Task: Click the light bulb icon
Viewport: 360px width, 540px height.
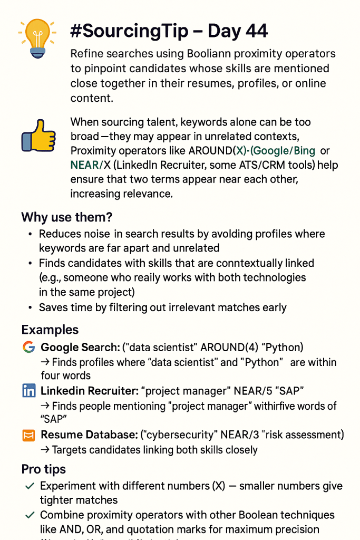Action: click(36, 38)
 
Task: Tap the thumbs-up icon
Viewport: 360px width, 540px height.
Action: click(38, 136)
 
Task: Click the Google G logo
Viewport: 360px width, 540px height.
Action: click(28, 347)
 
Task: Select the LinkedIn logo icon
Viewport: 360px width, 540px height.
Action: click(28, 391)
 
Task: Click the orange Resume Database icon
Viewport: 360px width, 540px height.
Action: click(28, 435)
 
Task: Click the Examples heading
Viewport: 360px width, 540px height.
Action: click(50, 330)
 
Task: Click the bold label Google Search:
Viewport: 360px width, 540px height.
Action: click(79, 348)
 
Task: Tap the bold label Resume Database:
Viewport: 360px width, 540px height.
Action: click(89, 435)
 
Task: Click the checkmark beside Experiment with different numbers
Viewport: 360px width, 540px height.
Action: click(30, 486)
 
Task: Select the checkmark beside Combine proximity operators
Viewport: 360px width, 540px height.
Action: click(30, 515)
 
